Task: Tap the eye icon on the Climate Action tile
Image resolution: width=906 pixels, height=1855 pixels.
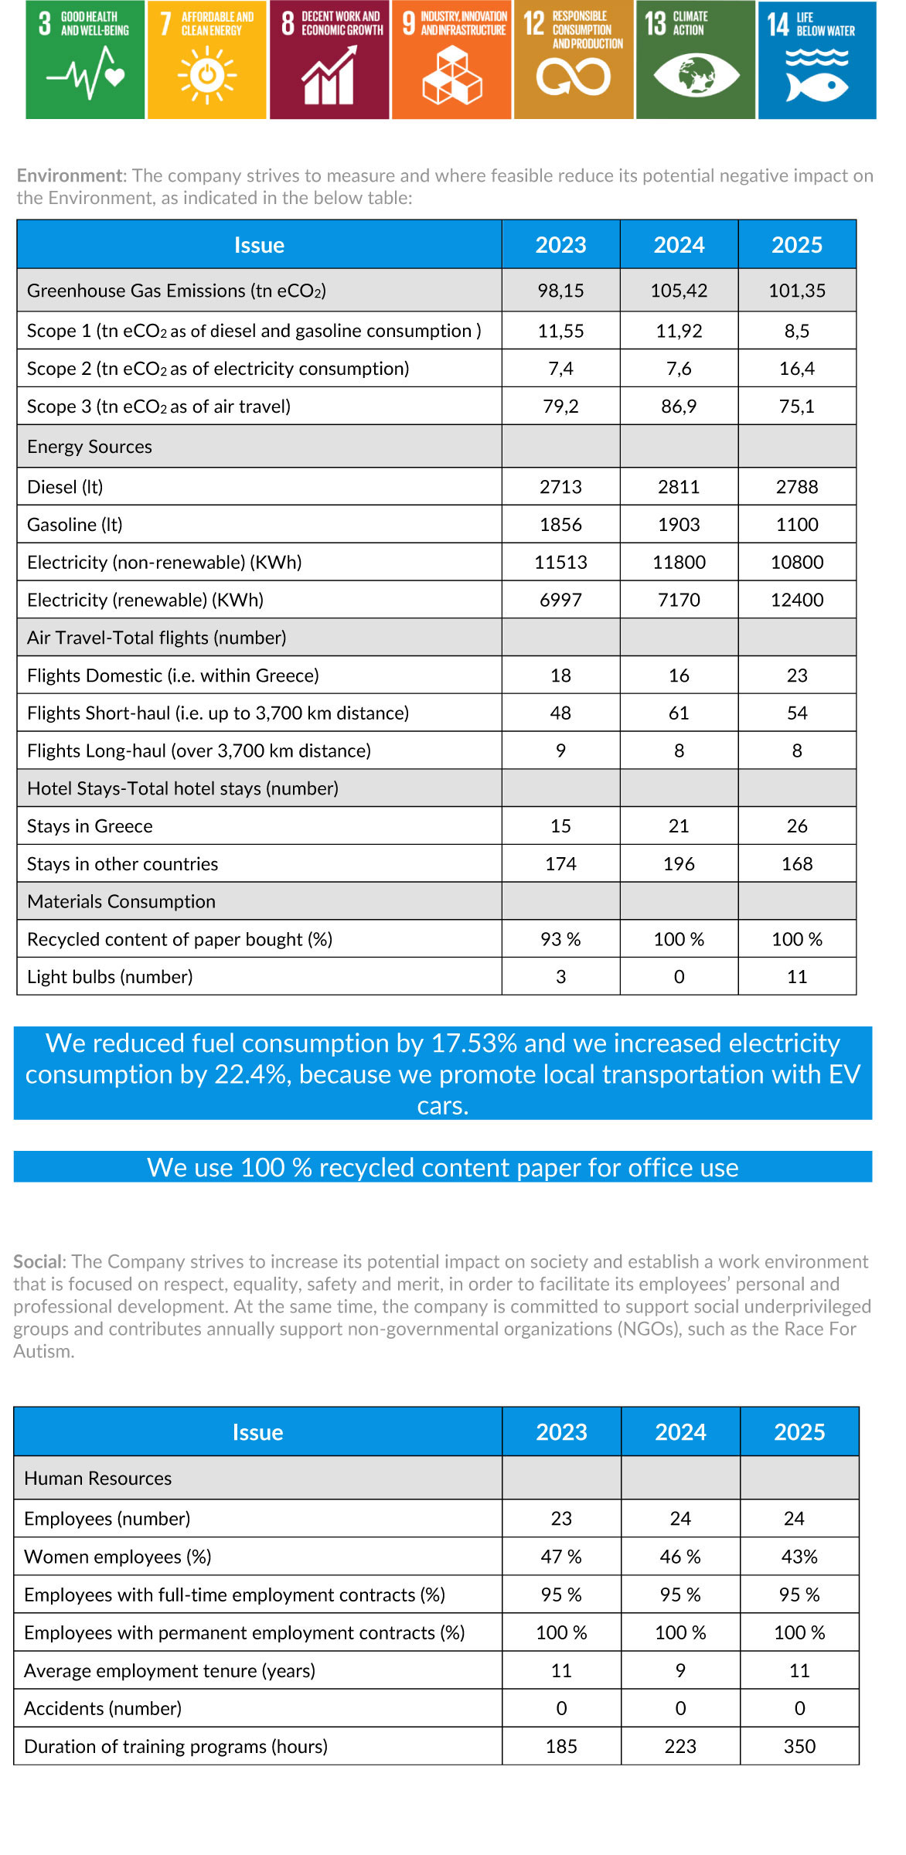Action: (696, 75)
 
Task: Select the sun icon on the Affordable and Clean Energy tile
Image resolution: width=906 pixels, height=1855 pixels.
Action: (206, 75)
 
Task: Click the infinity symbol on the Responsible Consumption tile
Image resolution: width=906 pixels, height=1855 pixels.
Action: (574, 77)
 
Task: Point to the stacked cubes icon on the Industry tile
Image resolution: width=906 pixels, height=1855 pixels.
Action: (452, 76)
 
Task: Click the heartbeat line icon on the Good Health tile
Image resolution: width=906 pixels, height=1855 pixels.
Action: (85, 74)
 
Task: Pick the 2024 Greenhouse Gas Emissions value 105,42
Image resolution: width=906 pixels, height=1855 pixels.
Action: (679, 291)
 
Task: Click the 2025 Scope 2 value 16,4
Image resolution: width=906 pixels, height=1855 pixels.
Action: (797, 369)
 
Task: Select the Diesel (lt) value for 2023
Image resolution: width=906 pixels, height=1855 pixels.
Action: (560, 487)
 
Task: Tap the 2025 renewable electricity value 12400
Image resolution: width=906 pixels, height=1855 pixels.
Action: (797, 600)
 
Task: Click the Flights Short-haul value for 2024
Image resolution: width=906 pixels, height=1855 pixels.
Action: (679, 713)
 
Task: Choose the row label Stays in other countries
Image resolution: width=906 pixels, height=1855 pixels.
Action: (122, 864)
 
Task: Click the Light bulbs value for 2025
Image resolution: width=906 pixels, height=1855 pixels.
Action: (797, 977)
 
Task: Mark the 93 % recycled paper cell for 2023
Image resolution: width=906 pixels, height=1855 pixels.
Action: (560, 939)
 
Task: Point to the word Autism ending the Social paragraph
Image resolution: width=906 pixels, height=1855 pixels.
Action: (43, 1351)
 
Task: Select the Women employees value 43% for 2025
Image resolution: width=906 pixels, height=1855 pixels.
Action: (799, 1557)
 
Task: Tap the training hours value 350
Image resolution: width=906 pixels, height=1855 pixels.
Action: (799, 1747)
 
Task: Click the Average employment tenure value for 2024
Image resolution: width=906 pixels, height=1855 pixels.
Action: (680, 1671)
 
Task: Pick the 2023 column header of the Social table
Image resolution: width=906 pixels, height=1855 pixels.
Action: (561, 1432)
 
